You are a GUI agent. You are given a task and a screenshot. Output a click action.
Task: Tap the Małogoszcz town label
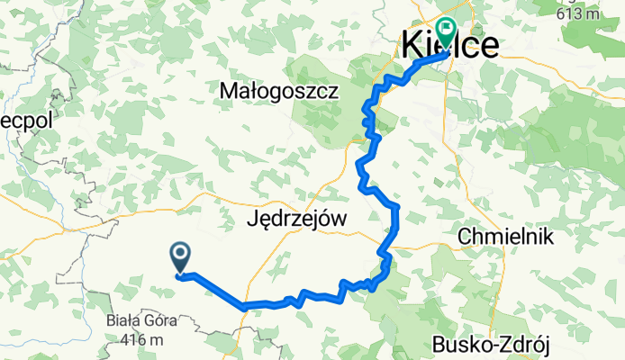pyautogui.click(x=278, y=92)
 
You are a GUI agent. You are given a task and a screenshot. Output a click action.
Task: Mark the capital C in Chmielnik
pyautogui.click(x=466, y=236)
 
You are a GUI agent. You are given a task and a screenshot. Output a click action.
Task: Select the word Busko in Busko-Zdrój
pyautogui.click(x=459, y=343)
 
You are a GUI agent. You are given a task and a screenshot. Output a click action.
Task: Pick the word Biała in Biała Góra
pyautogui.click(x=119, y=321)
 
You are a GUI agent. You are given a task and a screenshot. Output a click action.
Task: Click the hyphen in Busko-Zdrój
pyautogui.click(x=491, y=344)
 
